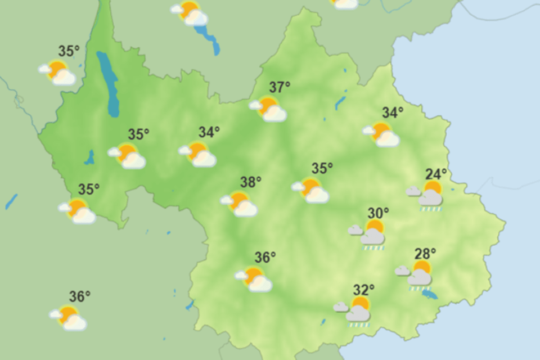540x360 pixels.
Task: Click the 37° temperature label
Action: coord(280,88)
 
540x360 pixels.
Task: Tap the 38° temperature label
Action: coord(251,182)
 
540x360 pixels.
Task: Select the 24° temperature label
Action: coord(436,173)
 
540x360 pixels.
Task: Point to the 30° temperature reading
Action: coord(379,213)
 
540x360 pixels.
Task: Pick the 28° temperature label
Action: coord(425,254)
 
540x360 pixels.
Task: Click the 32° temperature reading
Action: coord(364,290)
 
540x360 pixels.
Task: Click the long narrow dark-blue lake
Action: coord(108,84)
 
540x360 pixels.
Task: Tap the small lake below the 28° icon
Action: coord(430,294)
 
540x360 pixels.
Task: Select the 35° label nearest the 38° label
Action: coord(322,168)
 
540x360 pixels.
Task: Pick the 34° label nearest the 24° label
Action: coord(393,113)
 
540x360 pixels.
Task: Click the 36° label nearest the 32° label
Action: coord(265,258)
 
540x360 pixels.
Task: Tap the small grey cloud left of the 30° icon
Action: coord(355,229)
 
